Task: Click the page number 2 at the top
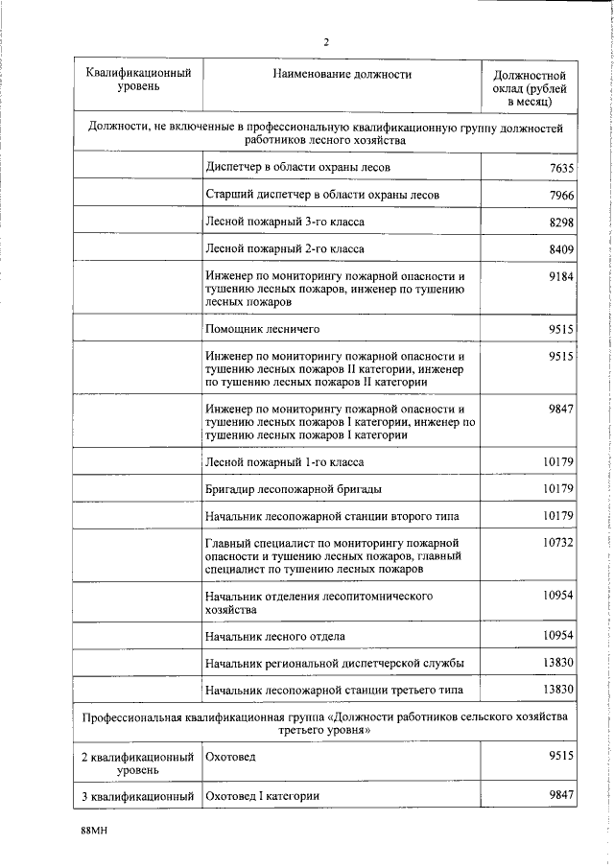tap(326, 41)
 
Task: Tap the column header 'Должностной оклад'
tap(529, 87)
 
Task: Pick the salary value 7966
tap(560, 196)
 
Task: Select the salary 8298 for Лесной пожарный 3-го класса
tap(560, 223)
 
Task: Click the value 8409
tap(560, 249)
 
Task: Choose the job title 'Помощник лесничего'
tap(262, 330)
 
